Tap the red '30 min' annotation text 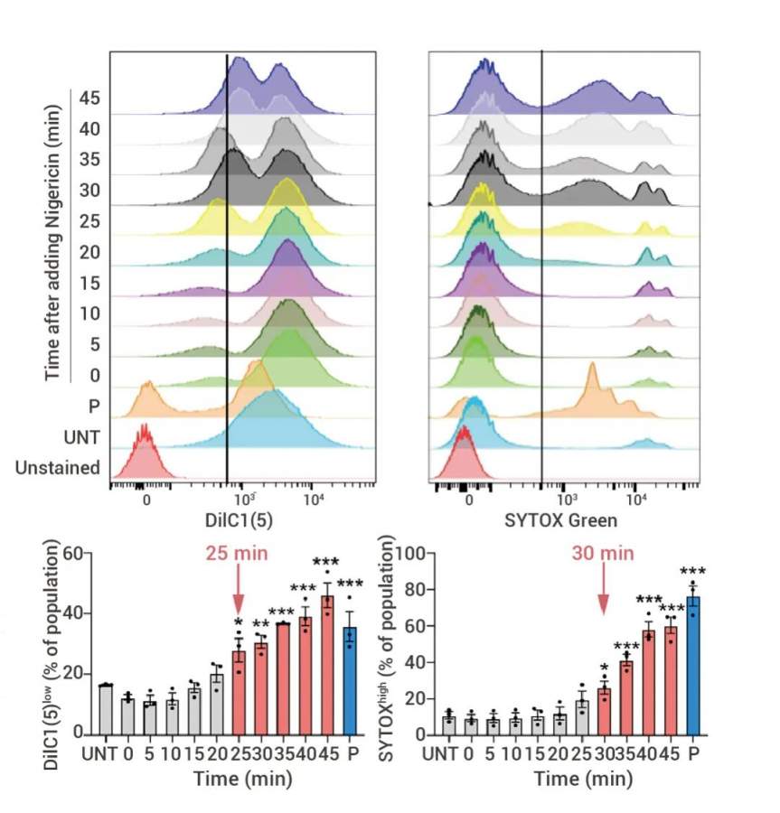click(603, 553)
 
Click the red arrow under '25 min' click(239, 592)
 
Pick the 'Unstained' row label click(57, 468)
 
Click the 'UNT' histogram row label click(82, 437)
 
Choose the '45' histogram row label click(89, 98)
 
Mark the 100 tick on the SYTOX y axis click(414, 553)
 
